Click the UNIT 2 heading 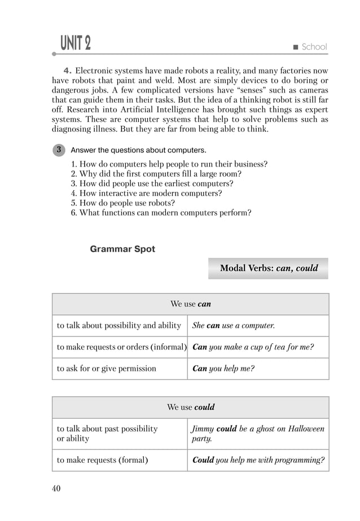75,43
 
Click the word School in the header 314,47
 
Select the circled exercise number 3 59,150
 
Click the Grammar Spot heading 122,249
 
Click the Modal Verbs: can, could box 268,268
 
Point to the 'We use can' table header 190,304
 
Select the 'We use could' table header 190,407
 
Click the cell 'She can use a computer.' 258,326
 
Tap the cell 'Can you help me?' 258,369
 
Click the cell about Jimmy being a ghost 258,434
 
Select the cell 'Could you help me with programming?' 258,460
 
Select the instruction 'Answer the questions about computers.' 138,150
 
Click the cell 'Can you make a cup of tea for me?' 258,347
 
